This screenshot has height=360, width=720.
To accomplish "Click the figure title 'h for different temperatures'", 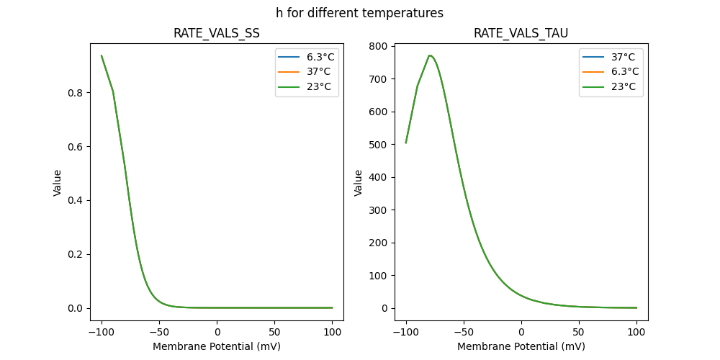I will (359, 13).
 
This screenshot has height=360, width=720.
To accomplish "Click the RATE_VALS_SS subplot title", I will (217, 34).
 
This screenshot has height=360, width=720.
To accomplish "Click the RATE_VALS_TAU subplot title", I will (521, 34).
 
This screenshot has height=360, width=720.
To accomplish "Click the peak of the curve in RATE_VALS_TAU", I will (430, 55).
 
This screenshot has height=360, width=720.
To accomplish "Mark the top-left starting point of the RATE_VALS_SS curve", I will (102, 55).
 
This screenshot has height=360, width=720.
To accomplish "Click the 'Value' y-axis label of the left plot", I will (58, 183).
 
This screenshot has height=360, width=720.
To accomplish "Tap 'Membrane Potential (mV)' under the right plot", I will (521, 346).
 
